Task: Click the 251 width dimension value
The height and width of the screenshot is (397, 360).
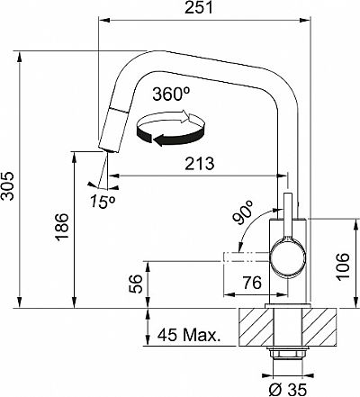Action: pos(199,7)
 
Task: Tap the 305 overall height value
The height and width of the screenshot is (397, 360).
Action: pos(7,186)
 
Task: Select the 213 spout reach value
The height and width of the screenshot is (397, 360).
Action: pos(200,164)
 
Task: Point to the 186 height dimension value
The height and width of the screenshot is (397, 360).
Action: pos(62,226)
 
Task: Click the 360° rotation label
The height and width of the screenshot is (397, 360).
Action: pos(171,95)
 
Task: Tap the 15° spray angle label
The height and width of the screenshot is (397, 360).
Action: pos(103,202)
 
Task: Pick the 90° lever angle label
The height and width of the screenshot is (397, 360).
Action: pos(243,212)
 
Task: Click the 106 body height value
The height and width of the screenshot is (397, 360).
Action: pos(342,266)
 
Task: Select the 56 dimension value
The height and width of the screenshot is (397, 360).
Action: pos(135,284)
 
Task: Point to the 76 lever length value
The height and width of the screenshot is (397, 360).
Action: pos(252,283)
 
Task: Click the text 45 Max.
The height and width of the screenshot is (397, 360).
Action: pos(189,335)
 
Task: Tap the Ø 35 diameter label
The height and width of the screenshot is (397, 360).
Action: pos(288,390)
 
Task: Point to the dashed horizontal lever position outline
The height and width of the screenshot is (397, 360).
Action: pos(247,257)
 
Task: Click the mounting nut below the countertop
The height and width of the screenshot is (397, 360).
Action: pos(288,352)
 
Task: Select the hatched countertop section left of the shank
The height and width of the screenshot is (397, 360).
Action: pos(256,327)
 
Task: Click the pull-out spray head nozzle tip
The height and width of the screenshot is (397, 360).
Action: pos(108,149)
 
